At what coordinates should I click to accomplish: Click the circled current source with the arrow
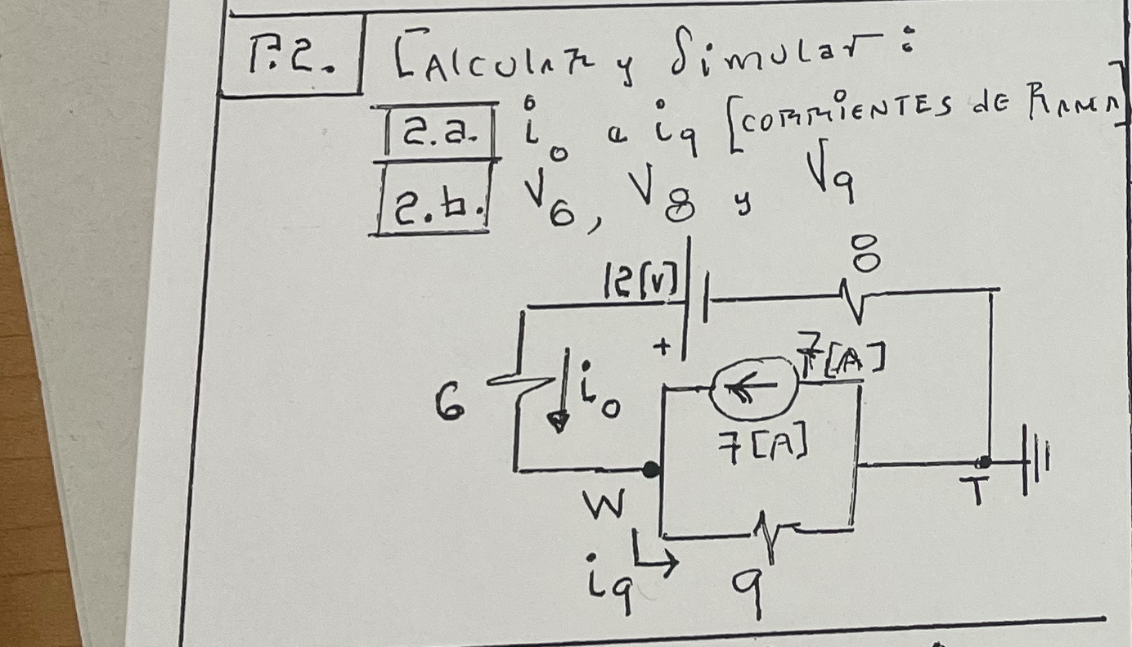click(x=753, y=387)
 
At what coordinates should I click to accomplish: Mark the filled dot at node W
click(x=651, y=470)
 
